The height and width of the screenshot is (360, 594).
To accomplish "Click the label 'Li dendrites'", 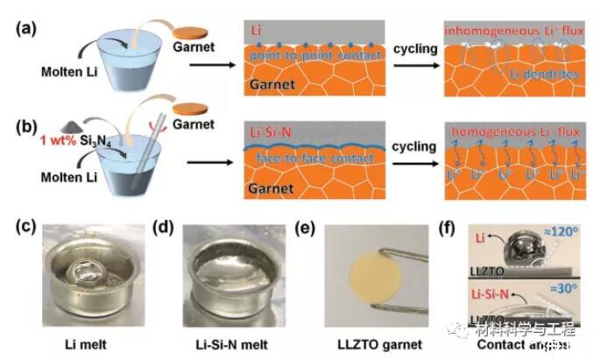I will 545,76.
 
